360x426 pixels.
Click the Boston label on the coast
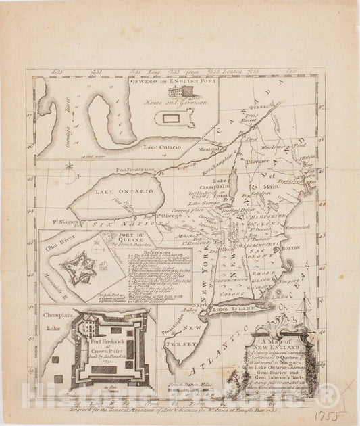pyautogui.click(x=290, y=248)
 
